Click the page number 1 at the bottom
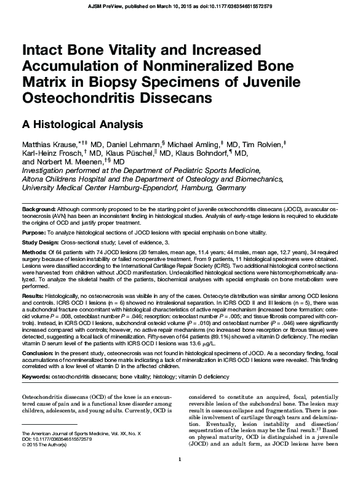[179, 476]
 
